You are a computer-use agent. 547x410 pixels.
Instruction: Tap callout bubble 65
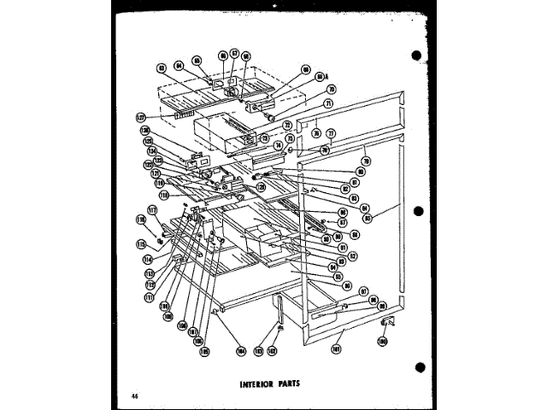pos(196,61)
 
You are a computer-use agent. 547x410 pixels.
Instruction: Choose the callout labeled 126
pos(146,132)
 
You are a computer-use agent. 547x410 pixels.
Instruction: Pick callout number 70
pos(331,88)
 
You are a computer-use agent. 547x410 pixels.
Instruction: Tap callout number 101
pos(338,348)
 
